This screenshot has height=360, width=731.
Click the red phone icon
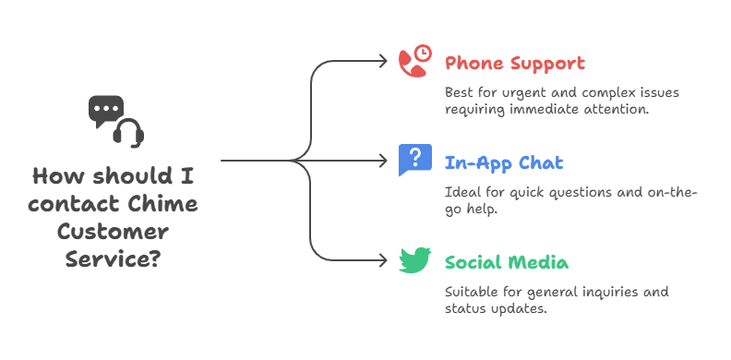coord(413,61)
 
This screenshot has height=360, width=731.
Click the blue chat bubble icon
coord(414,160)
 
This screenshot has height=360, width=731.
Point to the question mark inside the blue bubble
coord(415,156)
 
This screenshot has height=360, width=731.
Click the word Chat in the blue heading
coord(541,163)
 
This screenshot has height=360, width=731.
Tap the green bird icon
coord(414,260)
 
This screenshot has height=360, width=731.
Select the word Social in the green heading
coord(473,262)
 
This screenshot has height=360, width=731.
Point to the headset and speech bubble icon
coord(115,120)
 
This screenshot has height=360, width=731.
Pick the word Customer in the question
coord(113,231)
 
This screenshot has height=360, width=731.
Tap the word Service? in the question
coord(113,258)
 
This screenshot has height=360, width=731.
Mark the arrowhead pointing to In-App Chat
coord(387,161)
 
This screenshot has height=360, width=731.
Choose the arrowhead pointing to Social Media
coord(387,259)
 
